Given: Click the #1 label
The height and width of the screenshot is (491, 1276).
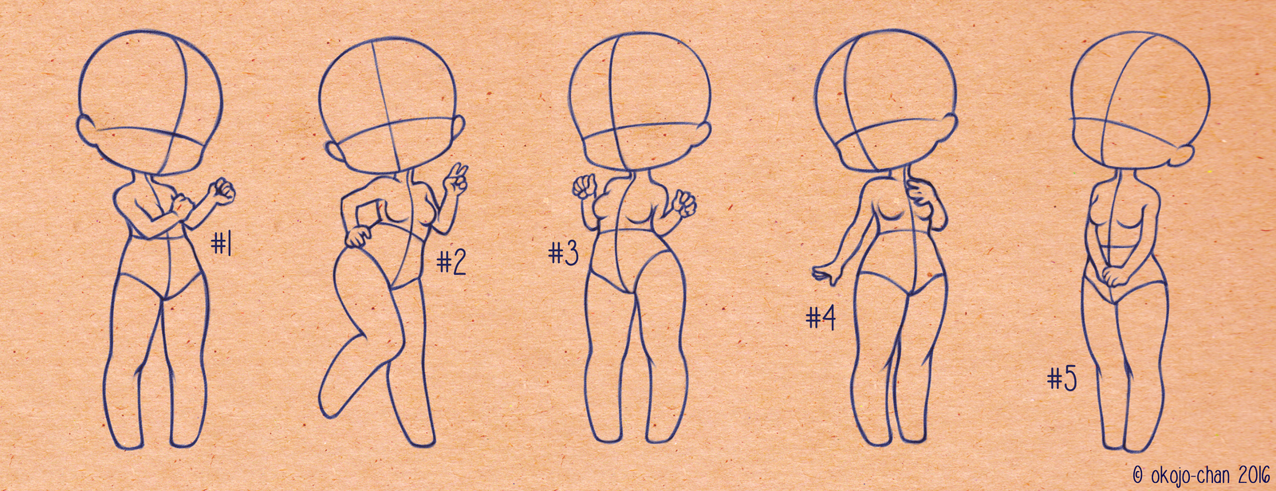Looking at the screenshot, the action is [x=222, y=245].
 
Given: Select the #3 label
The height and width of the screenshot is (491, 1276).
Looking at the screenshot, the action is [x=564, y=253].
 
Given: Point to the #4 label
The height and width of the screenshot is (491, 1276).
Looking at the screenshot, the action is [x=821, y=318].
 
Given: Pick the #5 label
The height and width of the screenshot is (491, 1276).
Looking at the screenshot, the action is [x=1063, y=379].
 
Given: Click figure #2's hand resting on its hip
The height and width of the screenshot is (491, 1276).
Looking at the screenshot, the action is [x=360, y=237].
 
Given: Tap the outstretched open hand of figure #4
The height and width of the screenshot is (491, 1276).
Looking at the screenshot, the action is [x=825, y=274].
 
